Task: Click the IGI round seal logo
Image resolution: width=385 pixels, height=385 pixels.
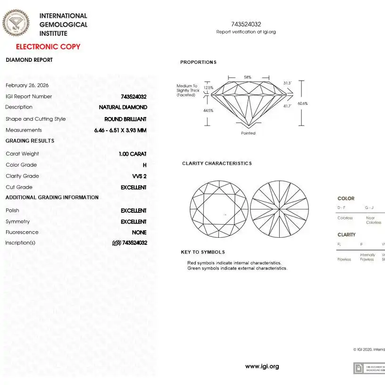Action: pyautogui.click(x=16, y=23)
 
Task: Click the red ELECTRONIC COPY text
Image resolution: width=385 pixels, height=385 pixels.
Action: pyautogui.click(x=48, y=47)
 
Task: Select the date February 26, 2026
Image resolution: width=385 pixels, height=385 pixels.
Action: pyautogui.click(x=27, y=85)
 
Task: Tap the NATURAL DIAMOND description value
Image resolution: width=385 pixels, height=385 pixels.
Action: pyautogui.click(x=123, y=108)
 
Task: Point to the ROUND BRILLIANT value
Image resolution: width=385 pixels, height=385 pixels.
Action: pyautogui.click(x=126, y=119)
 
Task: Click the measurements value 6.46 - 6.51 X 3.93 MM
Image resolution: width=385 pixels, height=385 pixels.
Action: pyautogui.click(x=120, y=130)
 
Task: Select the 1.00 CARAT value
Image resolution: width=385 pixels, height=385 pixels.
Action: pyautogui.click(x=133, y=154)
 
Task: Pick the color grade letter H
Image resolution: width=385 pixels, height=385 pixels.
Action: pyautogui.click(x=144, y=165)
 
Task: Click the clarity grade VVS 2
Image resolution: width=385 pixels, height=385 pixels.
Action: pyautogui.click(x=139, y=176)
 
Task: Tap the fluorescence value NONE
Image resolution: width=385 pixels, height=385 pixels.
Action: pyautogui.click(x=139, y=233)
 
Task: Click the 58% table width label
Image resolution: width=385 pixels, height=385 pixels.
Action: pyautogui.click(x=248, y=77)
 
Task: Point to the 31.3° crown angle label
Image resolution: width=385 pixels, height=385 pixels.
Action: pyautogui.click(x=287, y=84)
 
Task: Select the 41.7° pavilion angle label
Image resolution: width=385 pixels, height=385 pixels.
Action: pyautogui.click(x=287, y=106)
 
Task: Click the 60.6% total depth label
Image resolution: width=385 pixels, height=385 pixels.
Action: pyautogui.click(x=302, y=103)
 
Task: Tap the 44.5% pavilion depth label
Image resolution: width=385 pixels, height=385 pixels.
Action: pyautogui.click(x=208, y=111)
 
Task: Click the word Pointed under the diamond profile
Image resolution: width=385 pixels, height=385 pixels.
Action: pyautogui.click(x=248, y=133)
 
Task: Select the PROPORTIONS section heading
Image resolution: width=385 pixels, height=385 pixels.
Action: pyautogui.click(x=198, y=62)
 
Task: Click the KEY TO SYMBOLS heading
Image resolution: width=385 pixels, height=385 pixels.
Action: pyautogui.click(x=203, y=252)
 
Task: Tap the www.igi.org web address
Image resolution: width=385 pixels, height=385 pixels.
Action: pyautogui.click(x=262, y=367)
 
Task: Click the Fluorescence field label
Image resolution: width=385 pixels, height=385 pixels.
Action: pyautogui.click(x=22, y=233)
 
